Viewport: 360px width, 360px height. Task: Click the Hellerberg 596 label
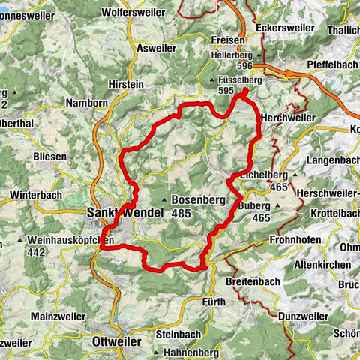[x=232, y=60]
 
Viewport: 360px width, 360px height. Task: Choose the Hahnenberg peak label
[x=188, y=352]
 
